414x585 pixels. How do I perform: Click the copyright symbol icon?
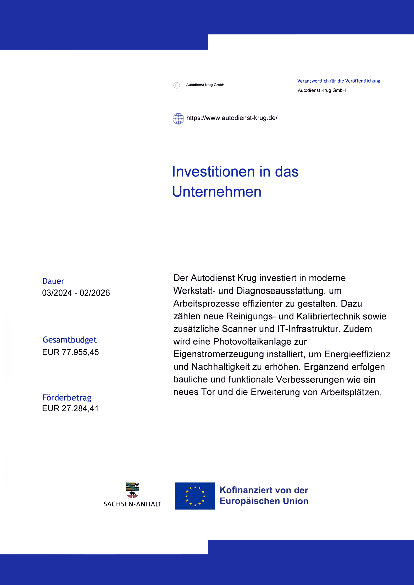(177, 85)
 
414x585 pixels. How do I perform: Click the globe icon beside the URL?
(178, 118)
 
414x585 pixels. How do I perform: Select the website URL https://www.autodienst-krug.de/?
(232, 118)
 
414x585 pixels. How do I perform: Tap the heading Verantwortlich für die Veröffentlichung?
(339, 81)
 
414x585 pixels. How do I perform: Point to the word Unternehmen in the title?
(217, 192)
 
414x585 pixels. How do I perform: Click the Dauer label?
(53, 281)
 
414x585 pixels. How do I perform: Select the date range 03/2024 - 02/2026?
(76, 293)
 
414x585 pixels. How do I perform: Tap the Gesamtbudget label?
(69, 340)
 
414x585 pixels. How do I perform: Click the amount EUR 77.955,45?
(70, 352)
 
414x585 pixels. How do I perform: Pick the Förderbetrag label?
(67, 398)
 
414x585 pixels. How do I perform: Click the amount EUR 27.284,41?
(70, 409)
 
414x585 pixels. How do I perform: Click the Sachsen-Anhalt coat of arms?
(133, 490)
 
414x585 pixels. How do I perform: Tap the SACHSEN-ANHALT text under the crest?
(133, 504)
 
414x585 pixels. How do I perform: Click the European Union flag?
(195, 496)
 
